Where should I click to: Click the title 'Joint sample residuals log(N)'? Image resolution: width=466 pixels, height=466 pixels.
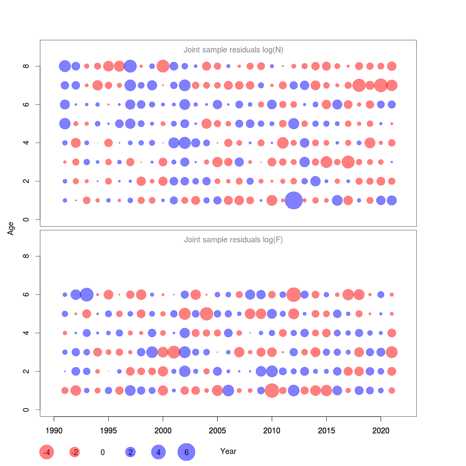click(x=233, y=50)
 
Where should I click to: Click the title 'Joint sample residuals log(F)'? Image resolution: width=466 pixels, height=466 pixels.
click(x=233, y=240)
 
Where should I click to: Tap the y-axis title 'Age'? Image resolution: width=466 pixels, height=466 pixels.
click(x=11, y=228)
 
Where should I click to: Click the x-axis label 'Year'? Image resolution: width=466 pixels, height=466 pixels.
click(x=228, y=451)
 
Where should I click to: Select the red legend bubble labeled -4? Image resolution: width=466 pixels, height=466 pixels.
click(x=47, y=452)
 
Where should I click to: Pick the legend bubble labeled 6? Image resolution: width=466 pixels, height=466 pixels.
click(x=186, y=452)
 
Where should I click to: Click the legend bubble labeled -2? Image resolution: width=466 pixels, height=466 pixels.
click(x=75, y=452)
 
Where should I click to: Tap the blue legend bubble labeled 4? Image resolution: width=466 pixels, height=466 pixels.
click(x=158, y=452)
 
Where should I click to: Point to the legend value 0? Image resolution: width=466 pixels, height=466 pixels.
click(x=103, y=452)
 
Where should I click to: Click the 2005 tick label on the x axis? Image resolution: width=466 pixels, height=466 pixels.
click(x=217, y=430)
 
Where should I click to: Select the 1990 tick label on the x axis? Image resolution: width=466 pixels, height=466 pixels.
click(x=54, y=430)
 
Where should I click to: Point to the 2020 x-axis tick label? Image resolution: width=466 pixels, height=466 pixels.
click(x=381, y=430)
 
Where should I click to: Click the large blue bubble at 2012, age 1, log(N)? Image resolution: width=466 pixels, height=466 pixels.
click(x=294, y=200)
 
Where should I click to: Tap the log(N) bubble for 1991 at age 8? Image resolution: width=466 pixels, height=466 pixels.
click(x=65, y=66)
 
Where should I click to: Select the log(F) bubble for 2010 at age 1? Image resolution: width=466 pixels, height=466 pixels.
click(x=272, y=390)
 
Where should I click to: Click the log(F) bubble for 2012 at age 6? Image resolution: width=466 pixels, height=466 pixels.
click(x=294, y=294)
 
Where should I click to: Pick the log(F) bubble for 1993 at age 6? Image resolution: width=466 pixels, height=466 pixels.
click(x=87, y=294)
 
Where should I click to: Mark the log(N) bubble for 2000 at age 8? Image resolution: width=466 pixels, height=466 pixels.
click(x=163, y=66)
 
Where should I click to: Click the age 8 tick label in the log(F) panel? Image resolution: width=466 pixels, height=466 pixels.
click(x=26, y=256)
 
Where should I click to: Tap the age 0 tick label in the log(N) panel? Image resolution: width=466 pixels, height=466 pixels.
click(x=26, y=220)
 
